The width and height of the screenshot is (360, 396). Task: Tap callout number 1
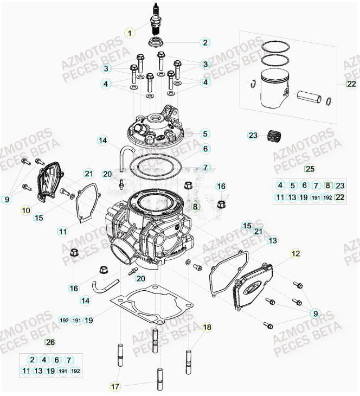[x=129, y=33]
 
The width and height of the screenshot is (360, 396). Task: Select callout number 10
[x=25, y=209]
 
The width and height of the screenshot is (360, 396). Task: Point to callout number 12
[x=295, y=253]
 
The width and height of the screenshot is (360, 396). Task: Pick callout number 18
[x=207, y=327]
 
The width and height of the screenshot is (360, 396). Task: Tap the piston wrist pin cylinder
[x=310, y=96]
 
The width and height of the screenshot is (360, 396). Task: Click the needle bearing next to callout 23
[x=272, y=136]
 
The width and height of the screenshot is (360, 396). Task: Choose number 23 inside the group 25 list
[x=340, y=185]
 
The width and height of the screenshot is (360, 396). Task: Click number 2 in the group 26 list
[x=32, y=360]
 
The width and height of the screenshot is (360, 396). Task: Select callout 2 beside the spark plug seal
[x=205, y=42]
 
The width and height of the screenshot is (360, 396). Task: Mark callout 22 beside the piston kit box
[x=352, y=84]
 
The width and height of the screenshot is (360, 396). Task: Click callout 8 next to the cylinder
[x=196, y=207]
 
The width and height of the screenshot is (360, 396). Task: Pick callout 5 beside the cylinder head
[x=205, y=133]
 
